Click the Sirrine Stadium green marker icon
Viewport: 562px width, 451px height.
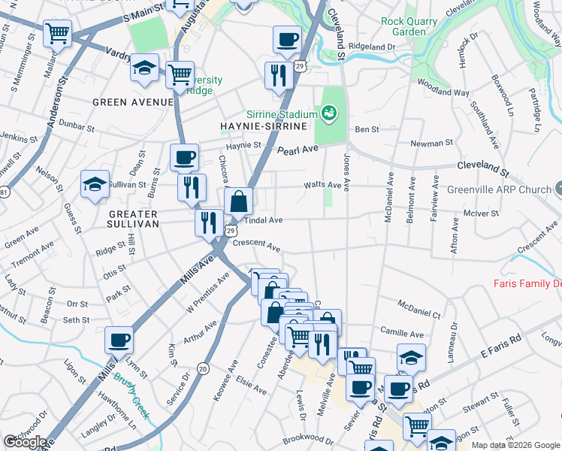[x=328, y=114]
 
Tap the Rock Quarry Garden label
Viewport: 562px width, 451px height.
[x=409, y=26]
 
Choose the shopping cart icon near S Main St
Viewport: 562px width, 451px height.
[x=57, y=32]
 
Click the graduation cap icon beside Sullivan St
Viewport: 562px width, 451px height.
[x=95, y=184]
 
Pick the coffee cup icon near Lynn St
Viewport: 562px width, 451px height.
[x=119, y=339]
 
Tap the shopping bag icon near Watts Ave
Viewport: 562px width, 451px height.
[x=238, y=201]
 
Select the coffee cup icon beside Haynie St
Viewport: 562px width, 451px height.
[x=184, y=157]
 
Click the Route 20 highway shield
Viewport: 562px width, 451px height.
[x=203, y=368]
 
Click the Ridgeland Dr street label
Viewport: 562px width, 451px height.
[x=372, y=47]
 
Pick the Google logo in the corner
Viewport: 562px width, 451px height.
[x=24, y=442]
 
